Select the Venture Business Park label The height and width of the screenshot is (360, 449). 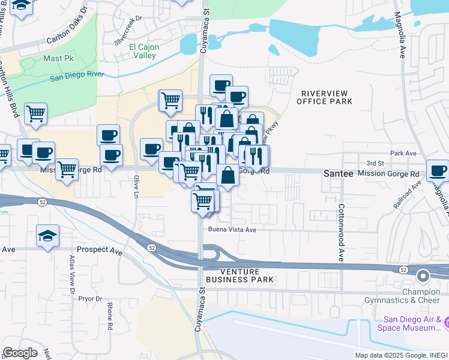pyautogui.click(x=240, y=275)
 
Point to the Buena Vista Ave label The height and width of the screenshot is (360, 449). pyautogui.click(x=232, y=229)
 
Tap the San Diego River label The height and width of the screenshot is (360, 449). pyautogui.click(x=77, y=76)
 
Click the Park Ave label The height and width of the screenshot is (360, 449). pyautogui.click(x=403, y=154)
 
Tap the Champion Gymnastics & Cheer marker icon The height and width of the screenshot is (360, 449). pyautogui.click(x=423, y=277)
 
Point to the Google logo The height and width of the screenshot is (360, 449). pyautogui.click(x=20, y=353)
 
